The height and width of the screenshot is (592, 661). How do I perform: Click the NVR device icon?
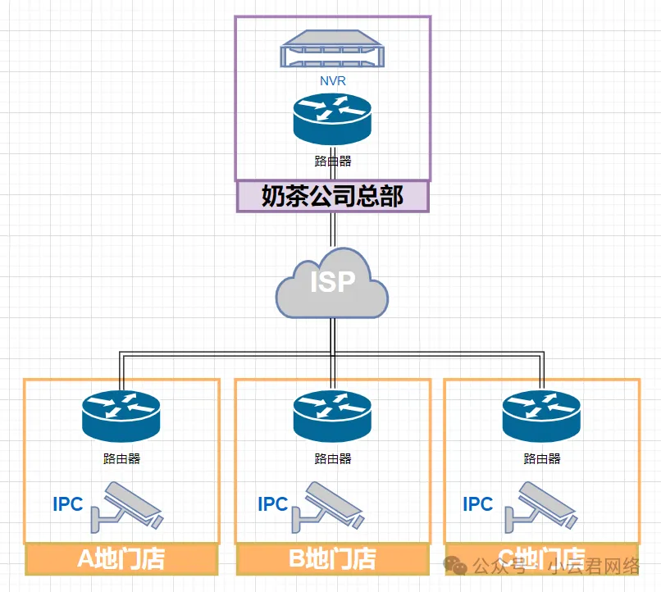click(332, 52)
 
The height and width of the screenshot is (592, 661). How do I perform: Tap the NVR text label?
click(332, 81)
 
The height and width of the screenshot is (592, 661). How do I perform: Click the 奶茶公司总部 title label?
click(332, 196)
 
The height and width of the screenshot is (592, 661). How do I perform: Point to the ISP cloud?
click(332, 284)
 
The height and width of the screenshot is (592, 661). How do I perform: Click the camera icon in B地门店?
click(333, 504)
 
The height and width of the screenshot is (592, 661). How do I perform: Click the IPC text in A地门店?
click(67, 503)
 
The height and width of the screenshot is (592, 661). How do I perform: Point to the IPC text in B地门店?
click(272, 503)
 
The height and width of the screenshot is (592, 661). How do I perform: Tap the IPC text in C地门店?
click(477, 503)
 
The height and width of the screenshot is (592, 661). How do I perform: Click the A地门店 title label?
click(121, 559)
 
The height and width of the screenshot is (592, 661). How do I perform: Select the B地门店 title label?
click(332, 559)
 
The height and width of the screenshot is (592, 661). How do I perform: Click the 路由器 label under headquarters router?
click(332, 162)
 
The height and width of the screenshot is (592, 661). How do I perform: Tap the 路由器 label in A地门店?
click(121, 458)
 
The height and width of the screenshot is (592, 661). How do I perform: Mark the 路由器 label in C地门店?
click(541, 458)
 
